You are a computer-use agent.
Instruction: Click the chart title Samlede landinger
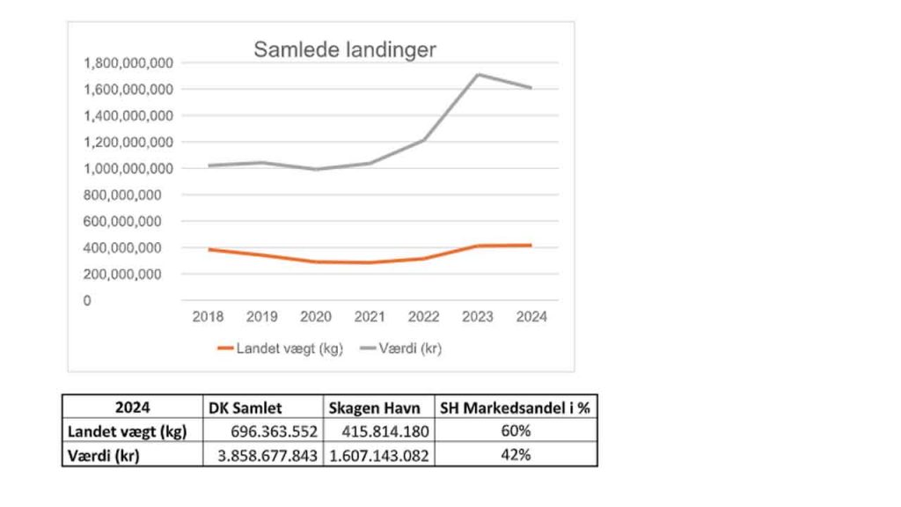pos(344,49)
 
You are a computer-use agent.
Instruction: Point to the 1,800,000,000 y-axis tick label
pos(128,62)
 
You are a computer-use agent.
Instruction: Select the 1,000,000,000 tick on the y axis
pos(128,168)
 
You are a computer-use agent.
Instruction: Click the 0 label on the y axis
pos(87,300)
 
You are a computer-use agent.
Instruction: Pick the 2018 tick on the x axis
pos(208,317)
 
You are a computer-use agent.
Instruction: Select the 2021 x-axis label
pos(370,317)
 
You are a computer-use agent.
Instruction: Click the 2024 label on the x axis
pos(531,317)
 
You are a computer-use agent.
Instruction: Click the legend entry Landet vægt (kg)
pos(281,349)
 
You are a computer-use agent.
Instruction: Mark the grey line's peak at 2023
pos(478,74)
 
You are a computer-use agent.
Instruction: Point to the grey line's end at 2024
pos(531,88)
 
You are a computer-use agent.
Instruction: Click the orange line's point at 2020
pos(316,261)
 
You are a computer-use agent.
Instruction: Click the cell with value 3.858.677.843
pos(261,455)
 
